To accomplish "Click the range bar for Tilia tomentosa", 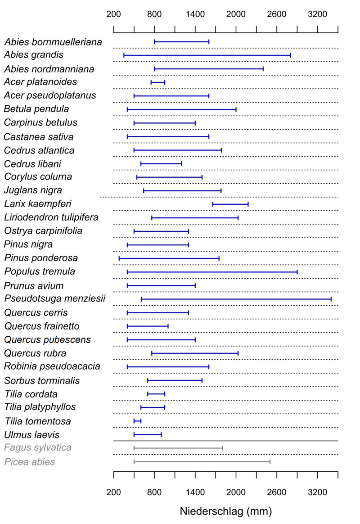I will tap(138, 421).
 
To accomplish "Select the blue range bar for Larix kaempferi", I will tap(230, 204).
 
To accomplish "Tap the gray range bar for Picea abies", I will tap(202, 462).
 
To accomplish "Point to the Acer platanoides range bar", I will tap(158, 82).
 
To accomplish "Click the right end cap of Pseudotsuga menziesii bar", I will tap(331, 299).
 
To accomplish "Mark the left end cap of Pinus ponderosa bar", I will tap(119, 258).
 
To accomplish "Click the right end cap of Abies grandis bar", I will tap(290, 55).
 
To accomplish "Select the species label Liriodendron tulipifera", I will tap(51, 217).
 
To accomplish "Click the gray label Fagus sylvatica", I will tap(38, 447).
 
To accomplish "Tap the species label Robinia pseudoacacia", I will tap(52, 366).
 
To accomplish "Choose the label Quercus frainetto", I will tap(42, 326).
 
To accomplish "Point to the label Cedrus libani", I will tap(32, 163).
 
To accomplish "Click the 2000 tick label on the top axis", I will tap(236, 14).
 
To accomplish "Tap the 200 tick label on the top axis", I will tap(113, 14).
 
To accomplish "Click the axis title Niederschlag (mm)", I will tap(225, 511).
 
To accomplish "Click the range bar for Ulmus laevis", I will tap(148, 434).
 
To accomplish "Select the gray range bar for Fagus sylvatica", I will tap(178, 448).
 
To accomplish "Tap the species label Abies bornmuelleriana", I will tap(53, 42).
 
